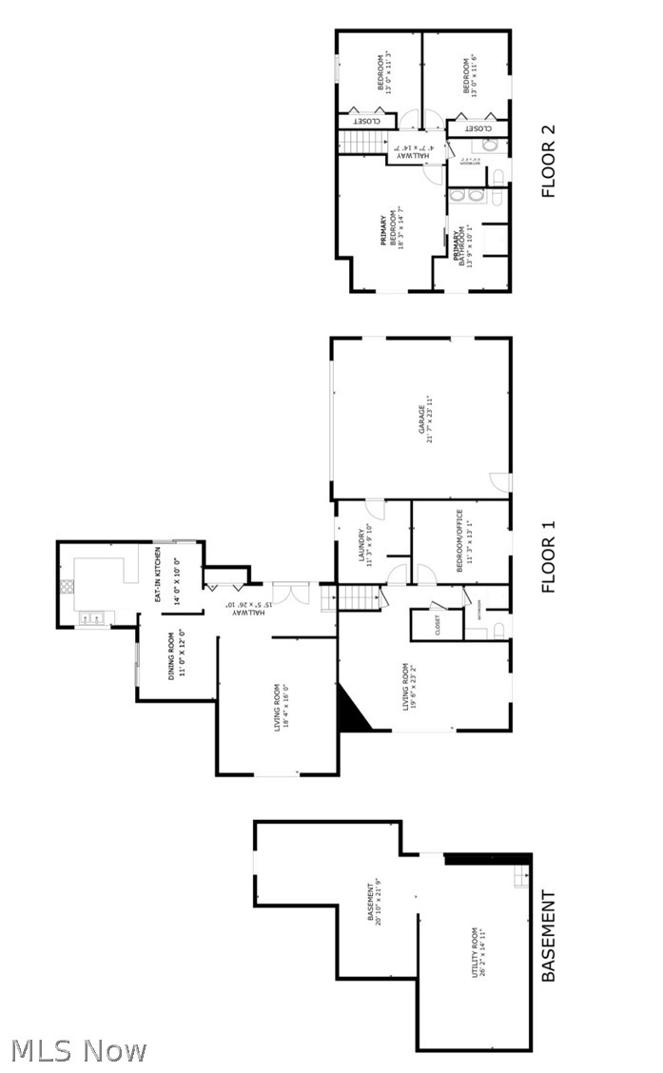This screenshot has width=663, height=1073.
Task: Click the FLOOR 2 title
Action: pos(548,162)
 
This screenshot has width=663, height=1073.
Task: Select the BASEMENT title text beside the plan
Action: pos(548,936)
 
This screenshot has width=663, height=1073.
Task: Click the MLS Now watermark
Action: pos(79,1050)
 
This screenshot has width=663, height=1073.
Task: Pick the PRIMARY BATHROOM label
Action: pos(459,245)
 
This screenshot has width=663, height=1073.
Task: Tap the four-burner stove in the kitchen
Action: pos(67,587)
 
